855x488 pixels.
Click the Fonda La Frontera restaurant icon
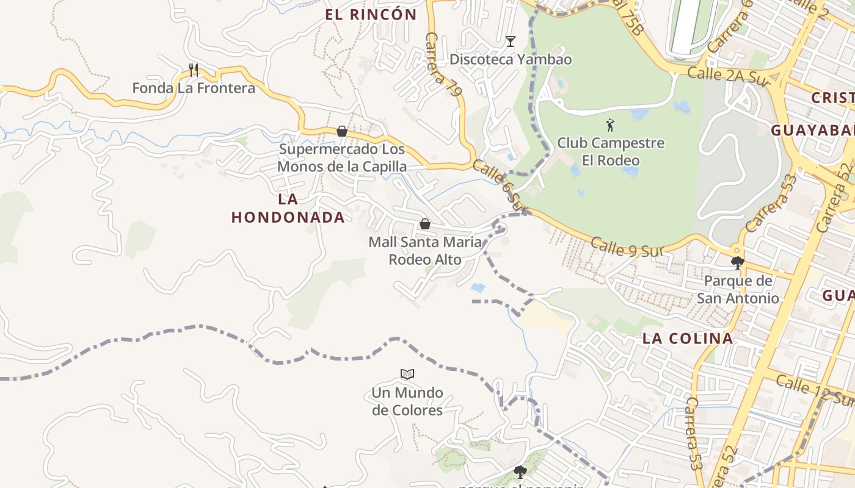(x=194, y=70)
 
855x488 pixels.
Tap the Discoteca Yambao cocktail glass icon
(x=511, y=41)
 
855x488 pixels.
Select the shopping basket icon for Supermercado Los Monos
(x=342, y=131)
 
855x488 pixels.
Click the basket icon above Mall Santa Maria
(x=425, y=224)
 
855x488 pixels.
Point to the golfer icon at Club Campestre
(x=610, y=126)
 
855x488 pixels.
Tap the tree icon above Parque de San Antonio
(x=738, y=263)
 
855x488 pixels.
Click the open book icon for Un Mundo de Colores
(x=407, y=374)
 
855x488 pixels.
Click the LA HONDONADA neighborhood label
(x=288, y=208)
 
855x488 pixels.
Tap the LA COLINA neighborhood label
(x=688, y=339)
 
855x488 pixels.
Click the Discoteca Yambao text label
(x=511, y=59)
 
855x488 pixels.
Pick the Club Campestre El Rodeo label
(x=611, y=152)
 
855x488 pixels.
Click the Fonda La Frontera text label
(x=194, y=88)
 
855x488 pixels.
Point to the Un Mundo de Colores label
(x=407, y=401)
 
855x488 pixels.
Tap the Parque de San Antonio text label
(x=738, y=290)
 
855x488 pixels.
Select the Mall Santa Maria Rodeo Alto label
(x=425, y=251)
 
